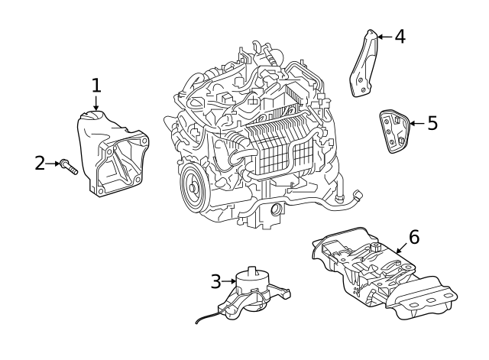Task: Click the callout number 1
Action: tap(96, 85)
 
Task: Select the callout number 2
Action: tap(40, 163)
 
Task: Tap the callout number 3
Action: tap(216, 282)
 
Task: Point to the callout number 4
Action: tap(399, 36)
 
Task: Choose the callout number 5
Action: tap(432, 123)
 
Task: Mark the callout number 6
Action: tap(413, 237)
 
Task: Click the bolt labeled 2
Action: tap(69, 166)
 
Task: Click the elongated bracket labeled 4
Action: tap(365, 64)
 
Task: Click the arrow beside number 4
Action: tap(384, 36)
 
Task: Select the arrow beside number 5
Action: tap(415, 123)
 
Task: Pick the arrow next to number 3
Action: tap(229, 282)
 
